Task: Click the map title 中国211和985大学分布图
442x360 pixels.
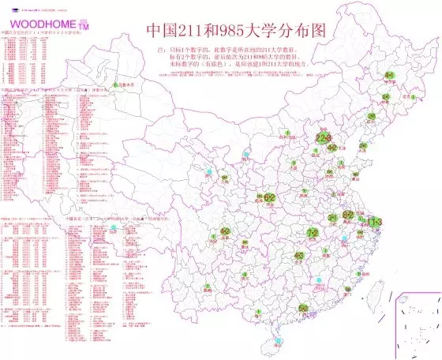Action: (x=236, y=31)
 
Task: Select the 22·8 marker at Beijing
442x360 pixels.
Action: (x=324, y=137)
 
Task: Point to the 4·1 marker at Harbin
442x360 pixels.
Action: (x=390, y=76)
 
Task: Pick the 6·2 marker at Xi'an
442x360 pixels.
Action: (x=269, y=197)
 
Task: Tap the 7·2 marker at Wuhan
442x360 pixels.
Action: (x=313, y=233)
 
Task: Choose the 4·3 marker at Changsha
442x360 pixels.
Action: (x=299, y=256)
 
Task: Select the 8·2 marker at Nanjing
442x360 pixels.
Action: (x=347, y=215)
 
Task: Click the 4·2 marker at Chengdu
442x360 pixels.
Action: (x=226, y=232)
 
